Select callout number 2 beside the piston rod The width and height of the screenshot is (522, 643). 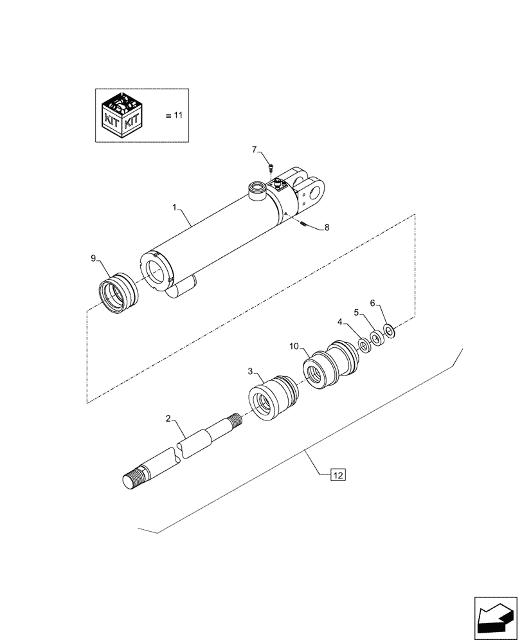[x=168, y=419]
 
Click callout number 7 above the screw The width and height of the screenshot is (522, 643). [x=255, y=150]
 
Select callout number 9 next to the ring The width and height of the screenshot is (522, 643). [x=93, y=258]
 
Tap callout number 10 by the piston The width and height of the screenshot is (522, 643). [x=294, y=347]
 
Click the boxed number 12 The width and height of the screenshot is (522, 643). [x=338, y=475]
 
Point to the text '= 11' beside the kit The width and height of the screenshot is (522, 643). [x=174, y=116]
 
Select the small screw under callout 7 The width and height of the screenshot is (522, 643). [x=270, y=168]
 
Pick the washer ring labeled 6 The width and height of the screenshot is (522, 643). [x=389, y=331]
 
